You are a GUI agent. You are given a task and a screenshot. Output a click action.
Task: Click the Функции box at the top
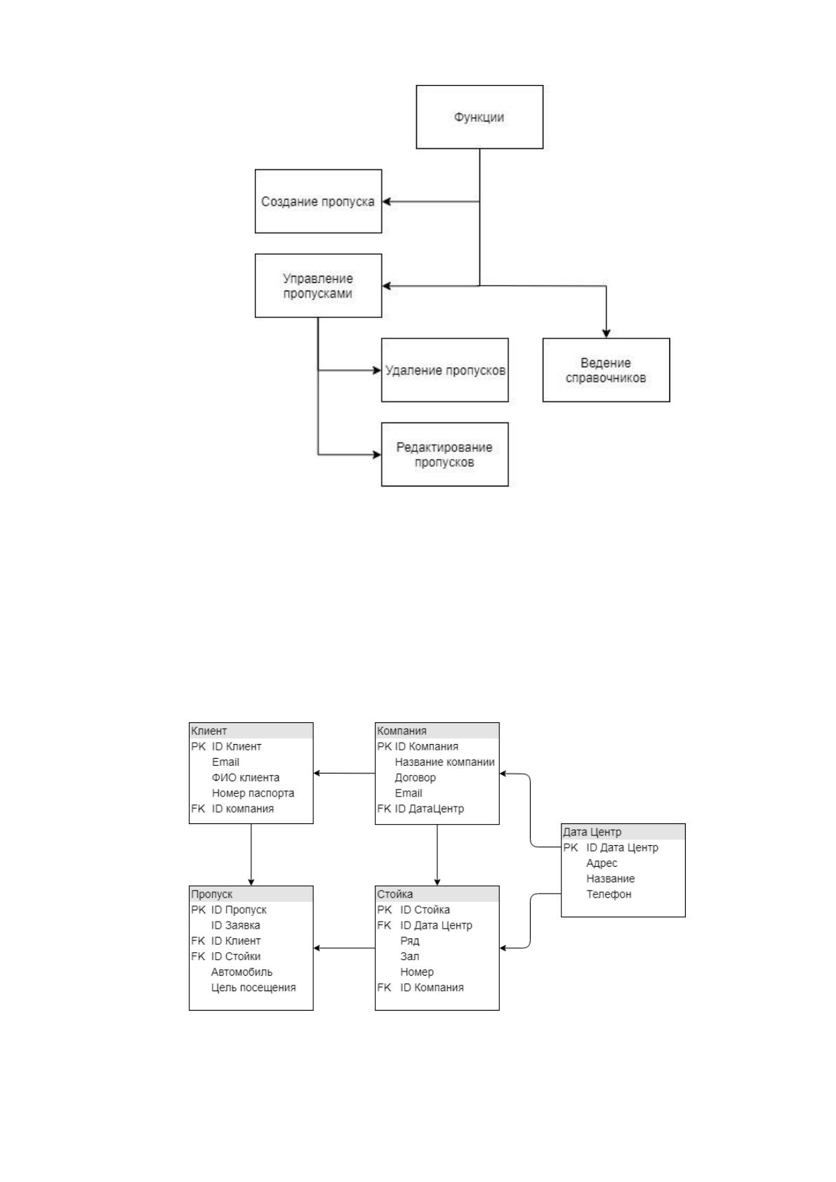479,117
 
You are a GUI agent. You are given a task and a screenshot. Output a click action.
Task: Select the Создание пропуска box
318,201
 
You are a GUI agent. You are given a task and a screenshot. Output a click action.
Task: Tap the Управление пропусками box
318,286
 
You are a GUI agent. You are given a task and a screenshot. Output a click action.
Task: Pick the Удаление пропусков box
445,370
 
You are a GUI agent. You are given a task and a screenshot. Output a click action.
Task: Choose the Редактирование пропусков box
445,454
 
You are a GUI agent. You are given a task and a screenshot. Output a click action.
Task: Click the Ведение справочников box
606,370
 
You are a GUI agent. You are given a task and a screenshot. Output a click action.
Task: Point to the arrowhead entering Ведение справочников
606,333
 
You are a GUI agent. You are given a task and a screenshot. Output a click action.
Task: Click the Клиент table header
251,731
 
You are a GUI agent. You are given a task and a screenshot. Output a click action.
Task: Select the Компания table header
437,731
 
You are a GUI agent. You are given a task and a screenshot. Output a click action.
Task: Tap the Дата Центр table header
623,832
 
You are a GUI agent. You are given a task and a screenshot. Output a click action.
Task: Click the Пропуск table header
251,894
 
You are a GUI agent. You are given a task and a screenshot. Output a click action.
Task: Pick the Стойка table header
437,894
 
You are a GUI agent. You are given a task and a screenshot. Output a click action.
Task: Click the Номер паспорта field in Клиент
253,793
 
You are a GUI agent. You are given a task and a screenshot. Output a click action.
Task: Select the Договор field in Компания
416,778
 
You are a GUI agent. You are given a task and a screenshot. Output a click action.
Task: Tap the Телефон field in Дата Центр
609,894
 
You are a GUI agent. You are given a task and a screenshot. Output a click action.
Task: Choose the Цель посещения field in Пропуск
253,988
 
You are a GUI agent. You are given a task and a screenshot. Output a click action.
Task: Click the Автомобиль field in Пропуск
241,972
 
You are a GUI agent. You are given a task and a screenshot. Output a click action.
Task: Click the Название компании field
445,762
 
